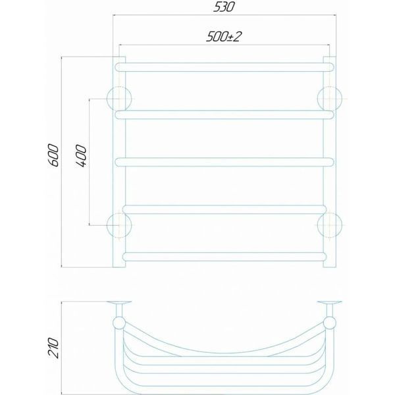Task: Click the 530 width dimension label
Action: point(224,7)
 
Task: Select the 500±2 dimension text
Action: point(223,37)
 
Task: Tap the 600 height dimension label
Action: point(53,155)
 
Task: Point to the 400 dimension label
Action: point(81,155)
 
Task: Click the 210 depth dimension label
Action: point(53,348)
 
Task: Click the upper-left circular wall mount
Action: point(119,99)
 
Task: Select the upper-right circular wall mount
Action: point(330,99)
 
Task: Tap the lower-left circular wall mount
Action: point(119,225)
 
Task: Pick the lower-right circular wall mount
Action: point(330,225)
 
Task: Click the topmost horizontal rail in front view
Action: point(224,67)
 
